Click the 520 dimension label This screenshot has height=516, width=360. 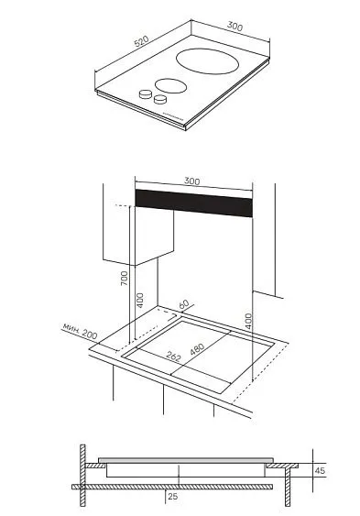pyautogui.click(x=142, y=41)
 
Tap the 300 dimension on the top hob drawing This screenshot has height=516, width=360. pyautogui.click(x=235, y=27)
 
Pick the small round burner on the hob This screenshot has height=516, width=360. pyautogui.click(x=171, y=86)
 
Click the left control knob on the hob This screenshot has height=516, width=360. pyautogui.click(x=146, y=94)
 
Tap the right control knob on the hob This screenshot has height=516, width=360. pyautogui.click(x=160, y=99)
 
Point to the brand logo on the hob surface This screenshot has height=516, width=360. pyautogui.click(x=173, y=116)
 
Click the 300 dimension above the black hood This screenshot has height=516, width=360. pyautogui.click(x=192, y=181)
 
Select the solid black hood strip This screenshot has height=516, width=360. pyautogui.click(x=193, y=203)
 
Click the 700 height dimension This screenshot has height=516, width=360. pyautogui.click(x=124, y=278)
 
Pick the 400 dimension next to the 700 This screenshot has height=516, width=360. pyautogui.click(x=140, y=300)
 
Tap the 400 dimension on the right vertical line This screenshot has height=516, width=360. pyautogui.click(x=248, y=321)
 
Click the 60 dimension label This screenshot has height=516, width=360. pyautogui.click(x=184, y=304)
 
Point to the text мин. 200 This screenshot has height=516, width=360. pyautogui.click(x=80, y=331)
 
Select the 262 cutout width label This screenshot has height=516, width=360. pyautogui.click(x=173, y=357)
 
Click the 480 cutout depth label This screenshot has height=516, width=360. pyautogui.click(x=197, y=349)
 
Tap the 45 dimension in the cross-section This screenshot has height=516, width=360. pyautogui.click(x=320, y=470)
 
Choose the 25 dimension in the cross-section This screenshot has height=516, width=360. pyautogui.click(x=173, y=496)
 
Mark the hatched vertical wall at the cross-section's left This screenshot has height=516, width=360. pyautogui.click(x=82, y=476)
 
